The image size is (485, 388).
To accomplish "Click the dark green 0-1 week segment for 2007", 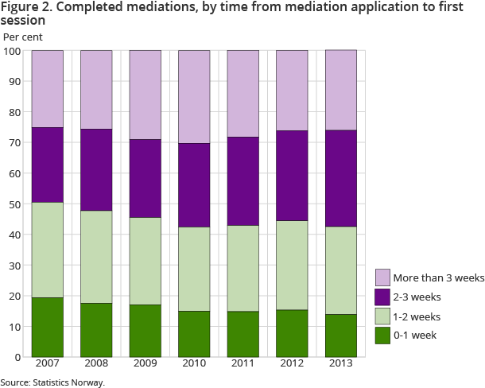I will coord(47,327).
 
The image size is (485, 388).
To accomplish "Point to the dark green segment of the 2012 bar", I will coord(292,332).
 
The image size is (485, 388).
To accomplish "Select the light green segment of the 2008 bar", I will coord(96,256).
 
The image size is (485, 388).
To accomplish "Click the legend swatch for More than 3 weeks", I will coord(382,277).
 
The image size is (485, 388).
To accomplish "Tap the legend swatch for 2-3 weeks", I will coord(382,297).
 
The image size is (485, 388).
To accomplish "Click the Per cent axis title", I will coord(23,37).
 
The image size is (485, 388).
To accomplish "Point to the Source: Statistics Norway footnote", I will coord(52,382).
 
